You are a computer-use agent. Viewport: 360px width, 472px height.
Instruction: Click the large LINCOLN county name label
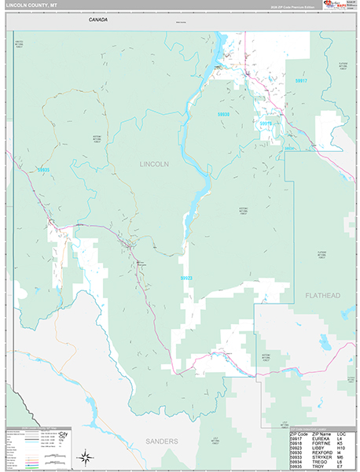[154, 164]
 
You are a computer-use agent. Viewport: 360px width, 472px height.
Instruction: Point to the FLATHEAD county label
[322, 295]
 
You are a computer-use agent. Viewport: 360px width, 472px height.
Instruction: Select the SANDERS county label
[160, 441]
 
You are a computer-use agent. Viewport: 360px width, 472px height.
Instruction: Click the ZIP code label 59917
[301, 81]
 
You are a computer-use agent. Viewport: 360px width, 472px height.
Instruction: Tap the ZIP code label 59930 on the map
[223, 114]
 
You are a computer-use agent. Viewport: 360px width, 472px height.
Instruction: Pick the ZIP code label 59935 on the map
[43, 170]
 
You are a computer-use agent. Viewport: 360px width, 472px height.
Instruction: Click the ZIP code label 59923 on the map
[186, 278]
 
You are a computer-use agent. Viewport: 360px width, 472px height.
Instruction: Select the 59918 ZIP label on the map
[265, 124]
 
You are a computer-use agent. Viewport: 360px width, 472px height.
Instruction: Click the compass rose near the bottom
[85, 456]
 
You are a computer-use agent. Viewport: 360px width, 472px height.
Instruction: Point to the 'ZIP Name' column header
[321, 433]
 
